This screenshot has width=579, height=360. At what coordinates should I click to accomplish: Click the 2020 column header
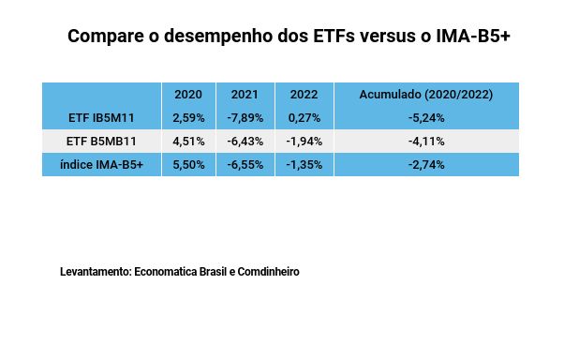point(188,95)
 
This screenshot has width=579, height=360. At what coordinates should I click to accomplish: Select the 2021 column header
point(245,95)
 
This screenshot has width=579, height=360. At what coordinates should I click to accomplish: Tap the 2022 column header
point(304,95)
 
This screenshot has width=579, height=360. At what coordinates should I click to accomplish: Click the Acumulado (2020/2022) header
point(426,95)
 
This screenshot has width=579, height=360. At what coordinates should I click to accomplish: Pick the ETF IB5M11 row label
point(101,118)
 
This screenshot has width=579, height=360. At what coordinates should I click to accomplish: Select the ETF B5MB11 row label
point(101,142)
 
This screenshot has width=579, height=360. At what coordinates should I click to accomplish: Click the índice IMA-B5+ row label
point(101,164)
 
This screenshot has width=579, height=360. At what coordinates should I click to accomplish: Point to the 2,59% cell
point(188,118)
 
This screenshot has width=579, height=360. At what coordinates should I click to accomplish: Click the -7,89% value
point(245,118)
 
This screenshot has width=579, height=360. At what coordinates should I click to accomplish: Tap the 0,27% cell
point(304,118)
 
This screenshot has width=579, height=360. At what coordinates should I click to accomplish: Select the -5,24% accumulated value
point(426,118)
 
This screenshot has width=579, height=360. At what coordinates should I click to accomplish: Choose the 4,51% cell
point(188,142)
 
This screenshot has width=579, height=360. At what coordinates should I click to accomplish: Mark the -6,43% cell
point(245,142)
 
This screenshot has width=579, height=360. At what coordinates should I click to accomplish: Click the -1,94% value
point(304,142)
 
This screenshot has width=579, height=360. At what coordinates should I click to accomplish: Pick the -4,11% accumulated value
point(426,142)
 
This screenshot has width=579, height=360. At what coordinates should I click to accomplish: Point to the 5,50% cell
point(188,164)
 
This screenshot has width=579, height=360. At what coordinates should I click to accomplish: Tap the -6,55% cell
point(245,164)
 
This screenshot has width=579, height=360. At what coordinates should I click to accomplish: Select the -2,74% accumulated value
point(426,164)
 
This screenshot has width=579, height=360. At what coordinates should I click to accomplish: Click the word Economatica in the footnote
point(166,271)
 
